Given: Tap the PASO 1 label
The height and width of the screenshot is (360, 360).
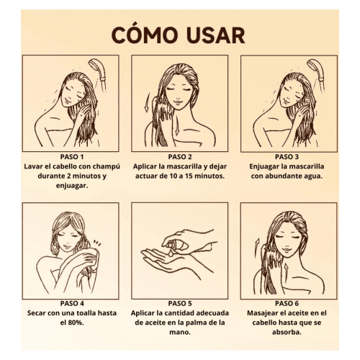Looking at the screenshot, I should [71, 156].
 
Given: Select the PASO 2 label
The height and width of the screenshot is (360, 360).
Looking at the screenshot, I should [179, 156].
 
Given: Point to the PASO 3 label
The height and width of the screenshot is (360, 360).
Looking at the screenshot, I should [288, 156].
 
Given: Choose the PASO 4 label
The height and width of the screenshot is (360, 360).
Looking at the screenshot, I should [71, 304].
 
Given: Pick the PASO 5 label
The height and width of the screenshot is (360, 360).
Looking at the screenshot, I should [179, 304].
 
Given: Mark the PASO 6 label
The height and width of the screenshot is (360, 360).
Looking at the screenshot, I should [288, 304].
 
